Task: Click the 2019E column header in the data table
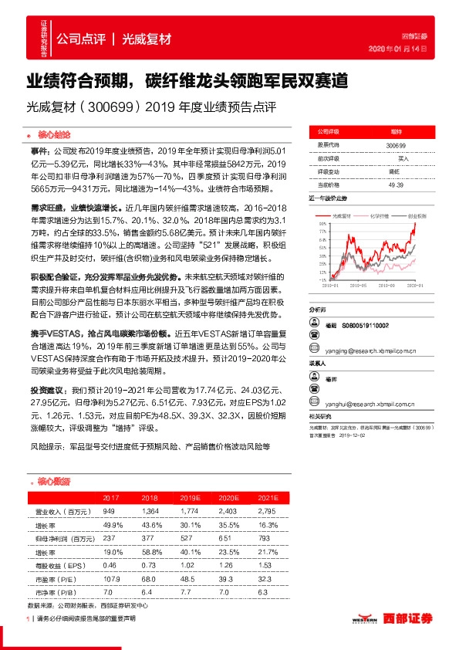pyautogui.click(x=189, y=498)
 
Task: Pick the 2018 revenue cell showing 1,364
pyautogui.click(x=150, y=511)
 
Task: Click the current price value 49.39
pyautogui.click(x=396, y=185)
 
